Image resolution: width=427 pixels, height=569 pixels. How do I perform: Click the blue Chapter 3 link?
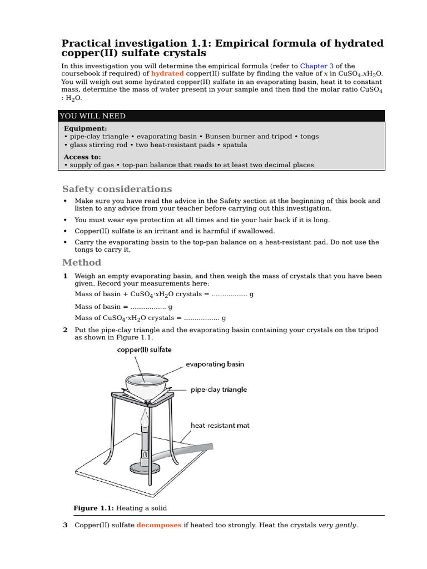[x=317, y=66]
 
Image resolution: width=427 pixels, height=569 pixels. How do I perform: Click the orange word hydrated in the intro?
[x=167, y=74]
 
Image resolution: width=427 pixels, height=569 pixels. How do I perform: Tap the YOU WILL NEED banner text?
[x=93, y=116]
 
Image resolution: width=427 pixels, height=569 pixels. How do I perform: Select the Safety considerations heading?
[x=117, y=189]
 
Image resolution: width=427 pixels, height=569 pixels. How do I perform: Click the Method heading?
[x=82, y=262]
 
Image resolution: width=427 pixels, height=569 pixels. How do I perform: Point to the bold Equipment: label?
[x=86, y=128]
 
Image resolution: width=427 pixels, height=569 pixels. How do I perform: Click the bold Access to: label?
[x=82, y=157]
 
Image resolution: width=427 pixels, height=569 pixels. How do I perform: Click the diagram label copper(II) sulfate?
[x=144, y=350]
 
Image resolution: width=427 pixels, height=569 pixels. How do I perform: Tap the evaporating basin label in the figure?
[x=215, y=365]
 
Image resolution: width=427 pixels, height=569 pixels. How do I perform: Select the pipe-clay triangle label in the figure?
[x=219, y=390]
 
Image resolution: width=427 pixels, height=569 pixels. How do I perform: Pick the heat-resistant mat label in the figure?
[x=220, y=426]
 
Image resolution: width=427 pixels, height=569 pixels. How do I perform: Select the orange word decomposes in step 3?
[x=159, y=525]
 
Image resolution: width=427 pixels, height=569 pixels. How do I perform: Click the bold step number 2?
[x=65, y=330]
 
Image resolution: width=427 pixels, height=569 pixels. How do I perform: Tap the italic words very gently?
[x=337, y=525]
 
